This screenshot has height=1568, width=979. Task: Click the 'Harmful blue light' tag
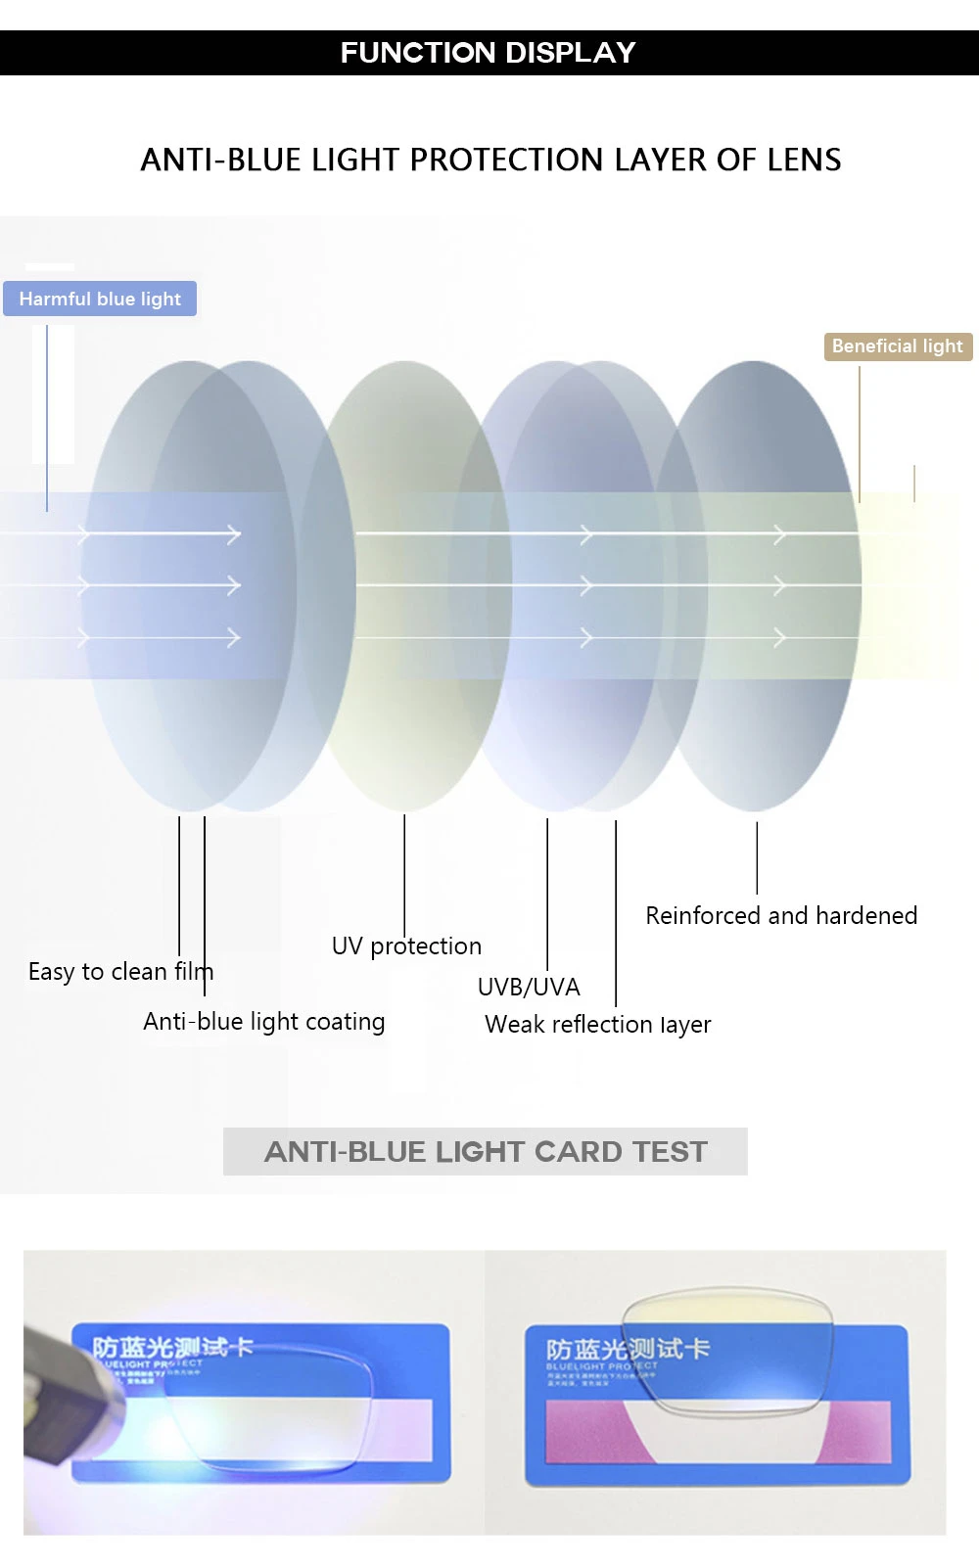point(100,299)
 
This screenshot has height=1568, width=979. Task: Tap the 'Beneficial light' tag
point(898,346)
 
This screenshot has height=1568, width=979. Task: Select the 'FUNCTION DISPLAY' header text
point(488,53)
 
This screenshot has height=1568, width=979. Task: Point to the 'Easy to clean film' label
point(120,972)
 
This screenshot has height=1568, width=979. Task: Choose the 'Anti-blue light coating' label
point(263,1022)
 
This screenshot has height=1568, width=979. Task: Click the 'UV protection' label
point(406,946)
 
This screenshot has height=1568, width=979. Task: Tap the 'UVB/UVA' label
point(529,987)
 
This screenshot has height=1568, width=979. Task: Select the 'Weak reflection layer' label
point(597,1025)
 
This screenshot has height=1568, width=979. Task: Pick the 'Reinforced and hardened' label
point(781,916)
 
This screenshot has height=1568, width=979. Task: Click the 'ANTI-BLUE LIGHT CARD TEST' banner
point(486,1152)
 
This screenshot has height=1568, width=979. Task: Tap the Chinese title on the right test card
point(628,1349)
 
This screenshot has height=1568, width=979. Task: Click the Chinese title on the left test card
point(172,1347)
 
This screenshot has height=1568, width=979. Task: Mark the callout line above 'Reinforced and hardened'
point(757,856)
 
